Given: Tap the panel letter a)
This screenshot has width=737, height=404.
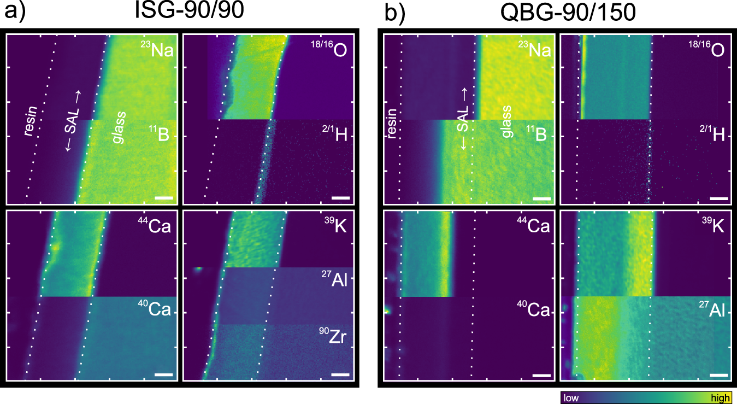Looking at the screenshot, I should click(15, 13).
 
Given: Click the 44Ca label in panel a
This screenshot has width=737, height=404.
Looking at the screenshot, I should click(156, 225).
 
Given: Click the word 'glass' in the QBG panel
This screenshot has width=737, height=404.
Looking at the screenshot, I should click(505, 125).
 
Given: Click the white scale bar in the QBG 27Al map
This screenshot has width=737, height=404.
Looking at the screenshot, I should click(720, 375).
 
